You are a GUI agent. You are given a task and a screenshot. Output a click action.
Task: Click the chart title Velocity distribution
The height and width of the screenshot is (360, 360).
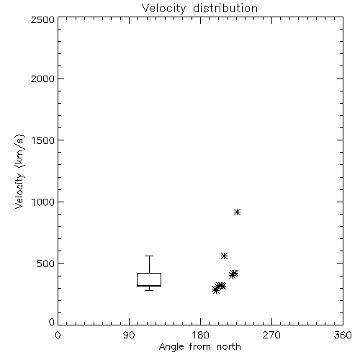coord(199,8)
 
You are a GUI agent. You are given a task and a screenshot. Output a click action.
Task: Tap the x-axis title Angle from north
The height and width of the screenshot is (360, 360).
coord(199,346)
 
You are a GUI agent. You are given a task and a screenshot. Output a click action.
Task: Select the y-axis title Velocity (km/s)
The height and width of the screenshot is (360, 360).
coord(19,171)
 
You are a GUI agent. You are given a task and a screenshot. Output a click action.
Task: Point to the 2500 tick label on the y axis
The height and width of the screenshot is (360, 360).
coord(42,19)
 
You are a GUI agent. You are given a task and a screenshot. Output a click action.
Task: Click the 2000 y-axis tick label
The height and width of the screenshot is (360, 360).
coord(42,78)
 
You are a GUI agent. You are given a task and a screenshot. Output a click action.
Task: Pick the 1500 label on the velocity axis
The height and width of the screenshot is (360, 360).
coord(43,140)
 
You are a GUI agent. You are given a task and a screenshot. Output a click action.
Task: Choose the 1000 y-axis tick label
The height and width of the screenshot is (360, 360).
coord(43,202)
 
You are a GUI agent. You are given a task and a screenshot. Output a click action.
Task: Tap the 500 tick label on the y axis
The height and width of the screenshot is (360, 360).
coord(46,264)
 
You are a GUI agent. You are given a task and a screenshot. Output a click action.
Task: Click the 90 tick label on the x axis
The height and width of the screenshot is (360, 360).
coord(129,335)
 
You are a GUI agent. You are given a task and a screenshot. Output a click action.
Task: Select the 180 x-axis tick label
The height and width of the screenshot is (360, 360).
coord(200,335)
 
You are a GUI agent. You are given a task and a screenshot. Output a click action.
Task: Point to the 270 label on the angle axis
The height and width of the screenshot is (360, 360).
coord(271,335)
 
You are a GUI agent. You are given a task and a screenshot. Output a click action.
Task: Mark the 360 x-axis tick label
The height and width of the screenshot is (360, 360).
coord(343,335)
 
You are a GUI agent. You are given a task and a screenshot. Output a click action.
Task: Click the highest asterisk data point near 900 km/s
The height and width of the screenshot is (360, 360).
coord(237,212)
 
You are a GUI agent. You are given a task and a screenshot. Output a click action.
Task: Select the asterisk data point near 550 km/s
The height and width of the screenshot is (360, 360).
coord(224,256)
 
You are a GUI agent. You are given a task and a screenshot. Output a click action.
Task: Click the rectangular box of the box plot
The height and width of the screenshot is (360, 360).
coord(149,273)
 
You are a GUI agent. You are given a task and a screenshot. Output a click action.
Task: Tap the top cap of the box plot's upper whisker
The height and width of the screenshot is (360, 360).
coord(149,256)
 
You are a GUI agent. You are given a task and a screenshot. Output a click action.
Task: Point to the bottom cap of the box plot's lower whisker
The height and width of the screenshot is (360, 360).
coord(149,290)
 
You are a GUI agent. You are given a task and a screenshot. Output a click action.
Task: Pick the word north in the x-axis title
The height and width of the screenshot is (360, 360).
coord(229,346)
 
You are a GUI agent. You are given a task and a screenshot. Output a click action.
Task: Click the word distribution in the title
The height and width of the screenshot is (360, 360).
coord(225,8)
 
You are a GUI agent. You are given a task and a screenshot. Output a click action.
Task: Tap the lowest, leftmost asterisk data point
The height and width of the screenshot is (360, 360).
coord(215,289)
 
